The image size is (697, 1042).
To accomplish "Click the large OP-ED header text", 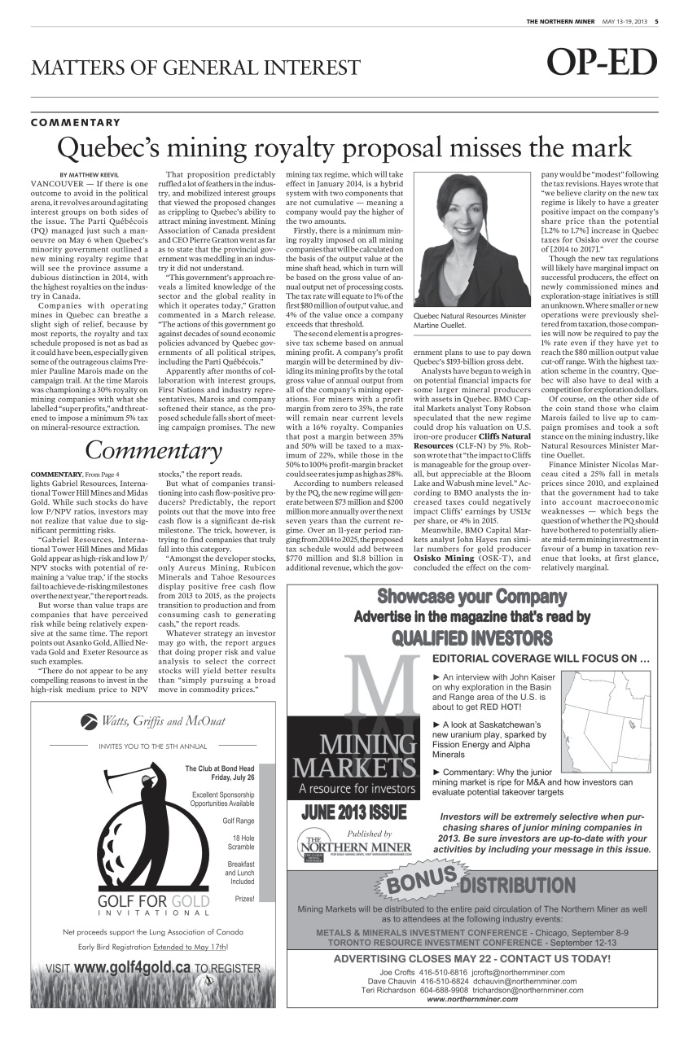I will [602, 63].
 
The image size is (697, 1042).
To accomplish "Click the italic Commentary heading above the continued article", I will [153, 449].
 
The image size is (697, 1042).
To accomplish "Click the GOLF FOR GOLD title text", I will [153, 902].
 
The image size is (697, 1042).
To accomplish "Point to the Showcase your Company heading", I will [471, 597].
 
